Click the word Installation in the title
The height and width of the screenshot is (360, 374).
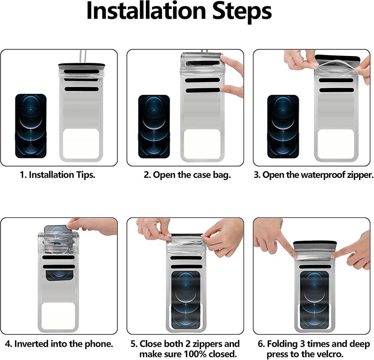tap(146, 11)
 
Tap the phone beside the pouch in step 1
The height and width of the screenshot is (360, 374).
tap(31, 126)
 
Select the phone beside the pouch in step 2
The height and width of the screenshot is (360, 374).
tap(154, 127)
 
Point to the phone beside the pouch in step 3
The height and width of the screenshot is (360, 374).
tap(283, 127)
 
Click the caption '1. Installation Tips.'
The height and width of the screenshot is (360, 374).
tap(58, 175)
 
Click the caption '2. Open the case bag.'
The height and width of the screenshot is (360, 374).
tap(187, 175)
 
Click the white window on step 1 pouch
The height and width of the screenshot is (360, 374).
tap(81, 144)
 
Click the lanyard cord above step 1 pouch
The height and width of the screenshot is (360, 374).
tap(82, 56)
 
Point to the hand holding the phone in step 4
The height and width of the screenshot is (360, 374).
tap(92, 225)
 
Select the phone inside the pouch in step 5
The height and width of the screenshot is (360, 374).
tap(186, 299)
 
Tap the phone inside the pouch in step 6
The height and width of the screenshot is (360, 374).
tap(315, 299)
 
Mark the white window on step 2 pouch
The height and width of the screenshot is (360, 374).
tap(202, 144)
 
